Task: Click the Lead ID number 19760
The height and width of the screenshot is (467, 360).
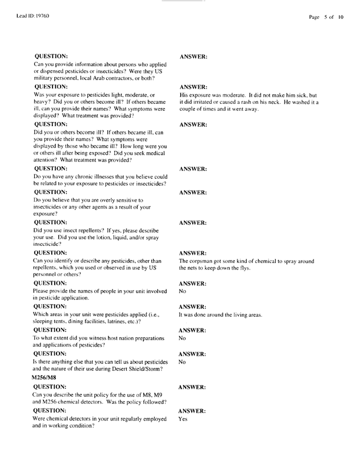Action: tap(41, 15)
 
